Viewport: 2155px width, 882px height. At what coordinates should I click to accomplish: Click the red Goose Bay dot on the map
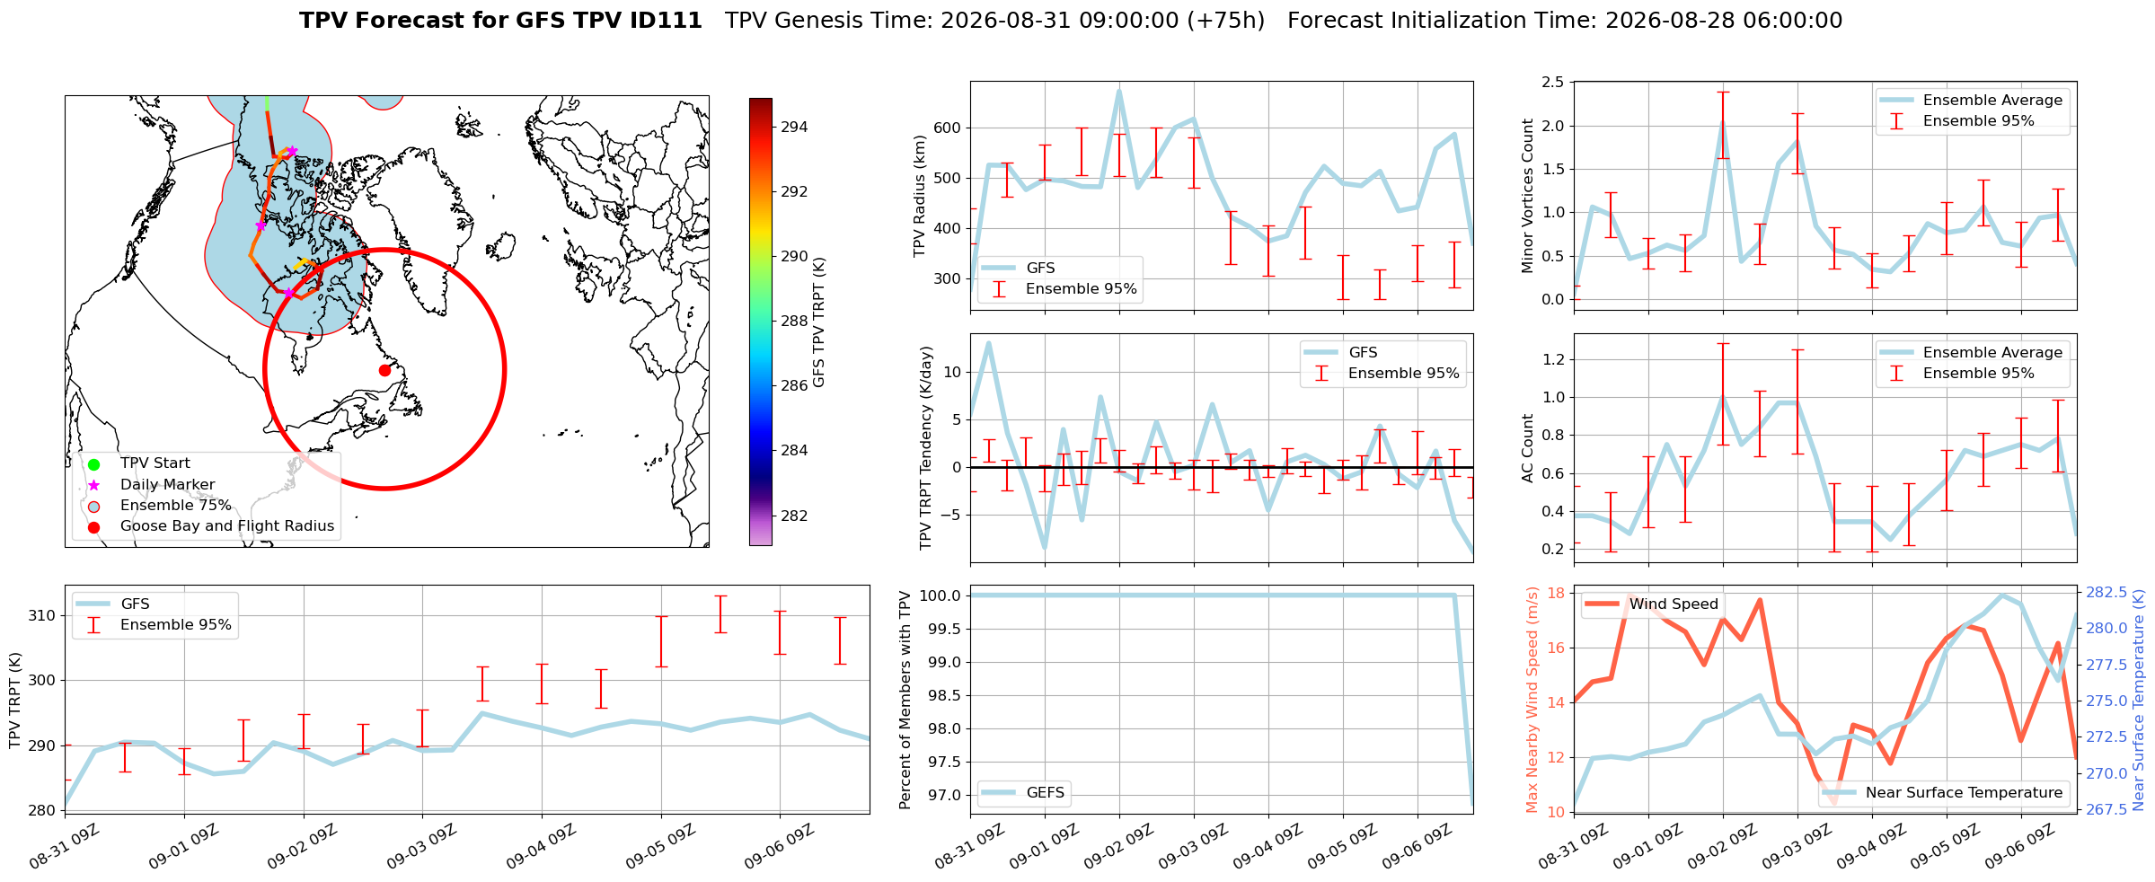pos(384,370)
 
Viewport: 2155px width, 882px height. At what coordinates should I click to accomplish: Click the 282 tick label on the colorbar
pos(794,516)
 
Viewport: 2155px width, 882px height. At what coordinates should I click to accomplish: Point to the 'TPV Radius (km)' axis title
pos(919,196)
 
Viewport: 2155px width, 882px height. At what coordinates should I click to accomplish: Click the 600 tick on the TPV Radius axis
pos(949,128)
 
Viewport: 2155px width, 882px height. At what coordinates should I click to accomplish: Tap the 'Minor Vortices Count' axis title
pos(1528,196)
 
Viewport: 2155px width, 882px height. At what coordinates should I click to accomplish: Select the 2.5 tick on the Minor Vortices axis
pos(1552,83)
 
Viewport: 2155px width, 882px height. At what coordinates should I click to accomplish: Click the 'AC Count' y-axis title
pos(1528,448)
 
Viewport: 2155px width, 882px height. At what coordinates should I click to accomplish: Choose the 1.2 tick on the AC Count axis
pos(1552,359)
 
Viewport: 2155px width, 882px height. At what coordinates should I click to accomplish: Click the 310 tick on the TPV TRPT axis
pos(42,616)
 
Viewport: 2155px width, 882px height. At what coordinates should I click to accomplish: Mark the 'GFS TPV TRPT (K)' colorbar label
pos(818,322)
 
